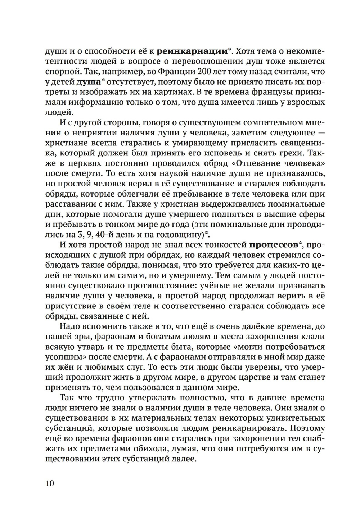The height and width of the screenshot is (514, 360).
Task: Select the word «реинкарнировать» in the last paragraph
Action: (x=251, y=429)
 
